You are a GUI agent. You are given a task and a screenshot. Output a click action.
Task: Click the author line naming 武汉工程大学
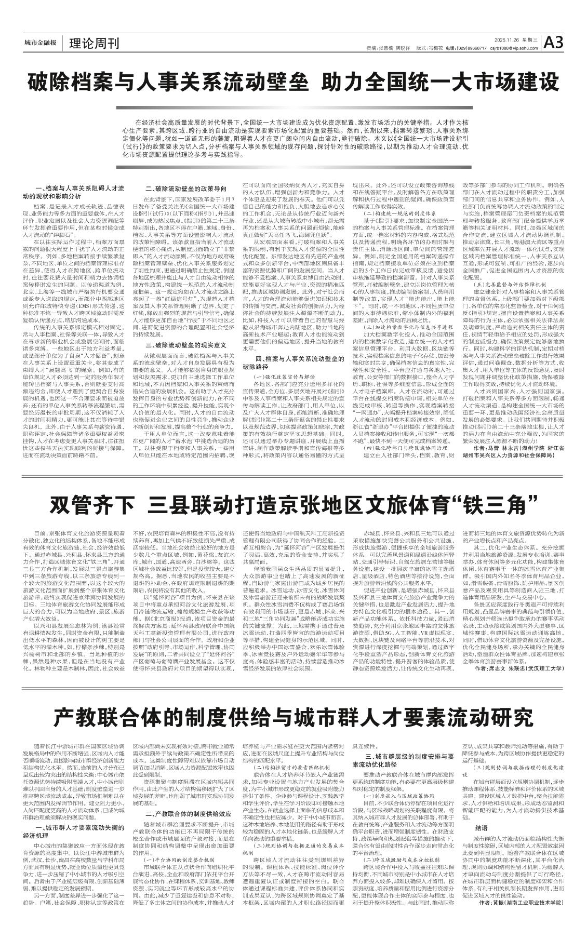pyautogui.click(x=519, y=683)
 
